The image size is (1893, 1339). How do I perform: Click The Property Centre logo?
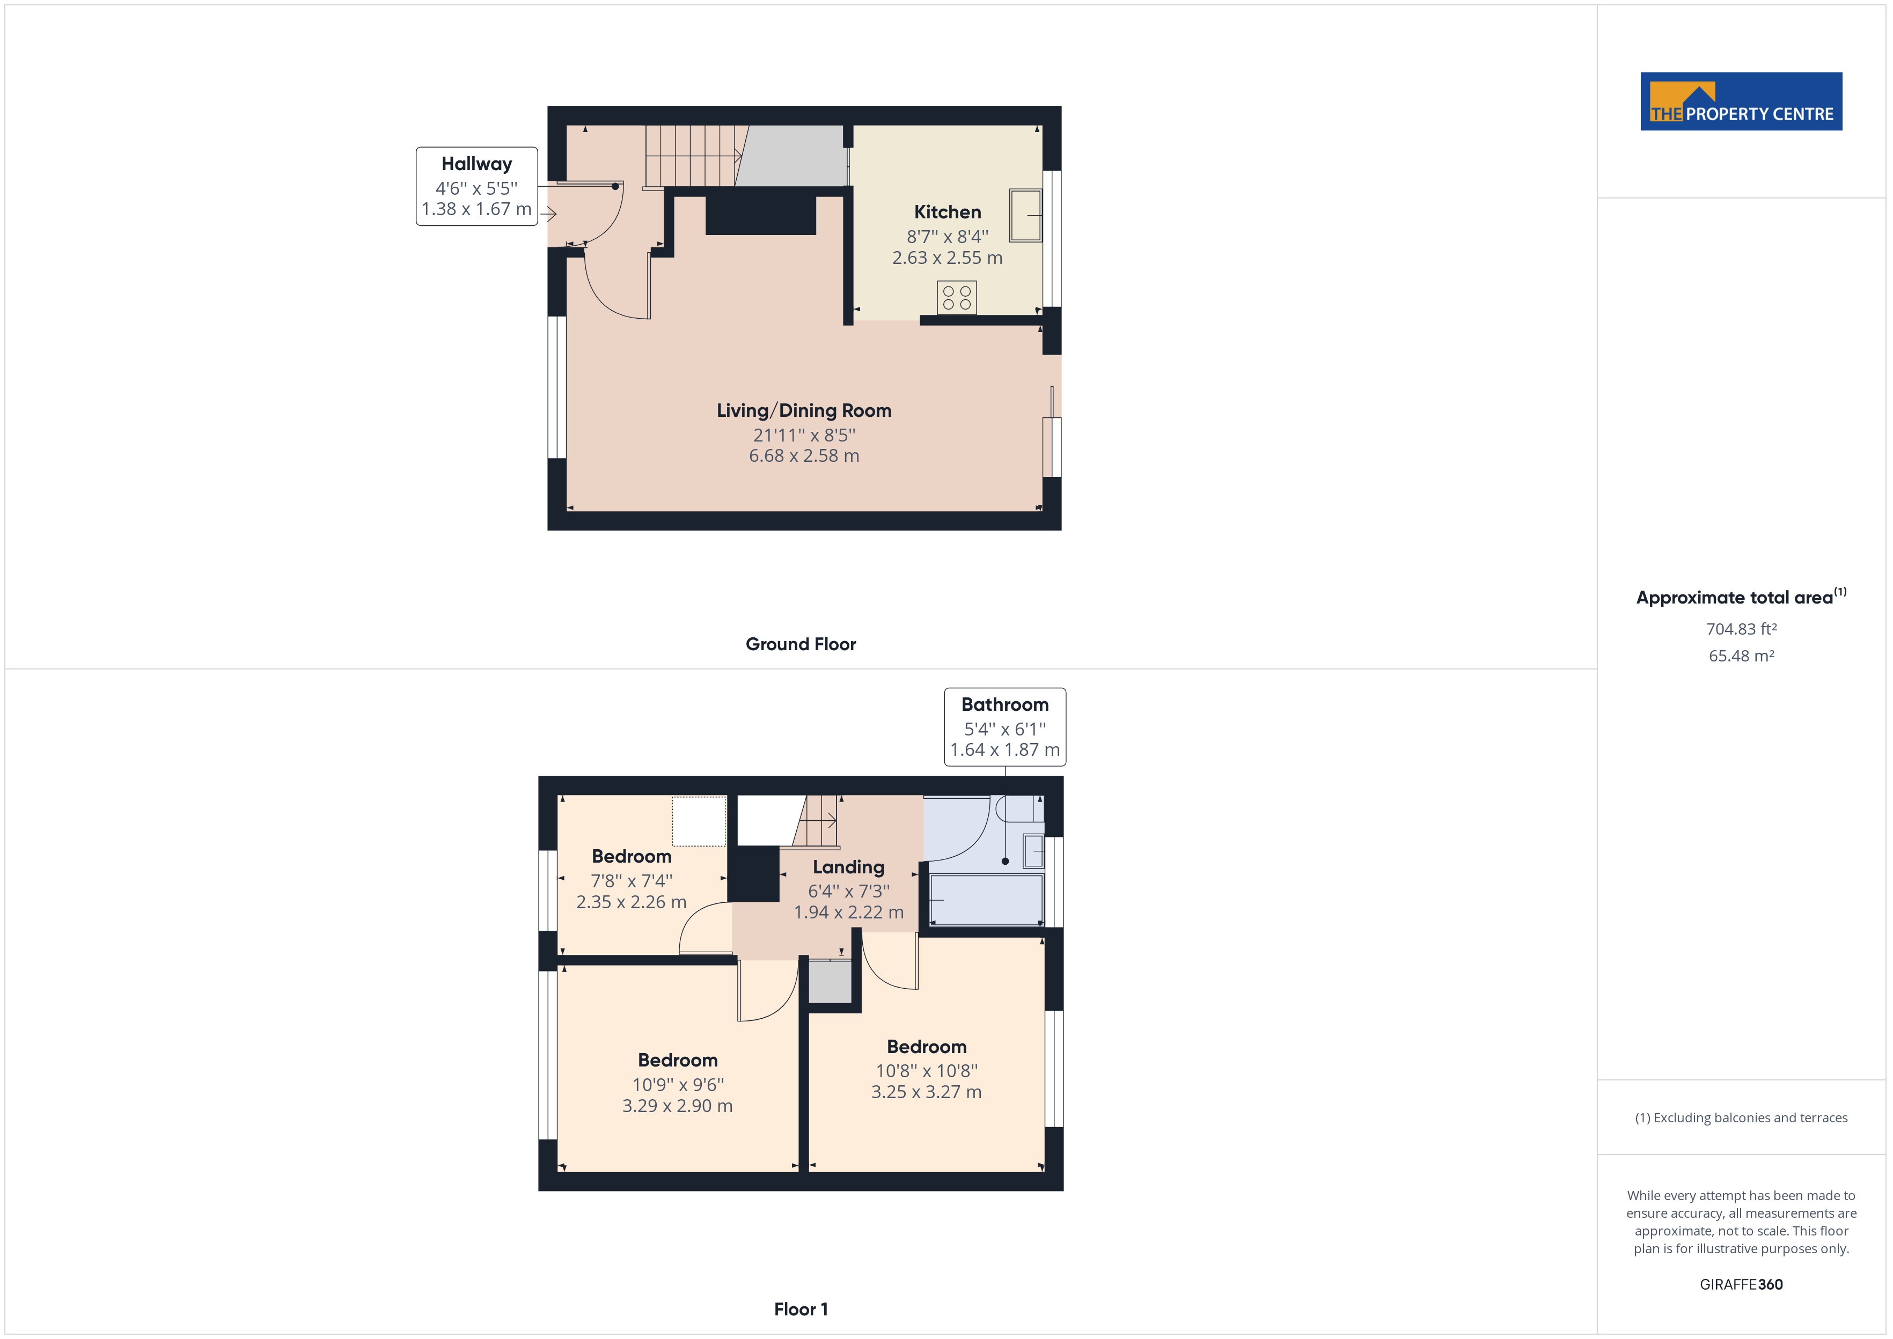point(1741,101)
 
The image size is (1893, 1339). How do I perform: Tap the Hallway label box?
point(476,186)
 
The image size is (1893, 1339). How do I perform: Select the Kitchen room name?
point(948,212)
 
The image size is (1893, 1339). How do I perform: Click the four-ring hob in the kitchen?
point(956,298)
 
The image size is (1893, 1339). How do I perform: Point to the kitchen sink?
point(1026,215)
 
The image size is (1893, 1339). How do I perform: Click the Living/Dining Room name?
point(804,410)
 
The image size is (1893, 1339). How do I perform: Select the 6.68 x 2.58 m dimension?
point(804,456)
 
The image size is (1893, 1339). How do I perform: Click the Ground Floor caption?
point(801,644)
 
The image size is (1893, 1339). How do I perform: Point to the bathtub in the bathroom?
point(986,900)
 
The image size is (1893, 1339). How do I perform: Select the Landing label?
point(848,867)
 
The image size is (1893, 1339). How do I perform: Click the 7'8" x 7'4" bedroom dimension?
point(632,880)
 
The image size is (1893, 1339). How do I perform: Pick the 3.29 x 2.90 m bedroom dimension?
point(677,1106)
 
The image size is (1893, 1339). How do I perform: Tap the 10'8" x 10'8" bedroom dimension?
point(927,1071)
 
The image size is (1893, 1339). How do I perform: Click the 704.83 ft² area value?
point(1741,629)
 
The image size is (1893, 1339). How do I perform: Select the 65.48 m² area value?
point(1741,656)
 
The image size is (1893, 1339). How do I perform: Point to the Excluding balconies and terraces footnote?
point(1741,1118)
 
